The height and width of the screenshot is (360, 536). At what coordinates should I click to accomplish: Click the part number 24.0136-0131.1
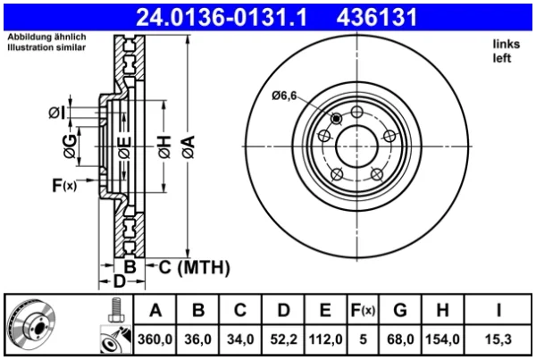tap(222, 18)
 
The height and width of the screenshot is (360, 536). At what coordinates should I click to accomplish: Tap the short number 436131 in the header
tap(377, 18)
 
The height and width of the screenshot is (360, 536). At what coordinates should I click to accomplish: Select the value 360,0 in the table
tap(155, 339)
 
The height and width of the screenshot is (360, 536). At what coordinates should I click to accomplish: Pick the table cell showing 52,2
tap(283, 339)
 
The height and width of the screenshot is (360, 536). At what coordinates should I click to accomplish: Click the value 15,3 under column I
tap(498, 339)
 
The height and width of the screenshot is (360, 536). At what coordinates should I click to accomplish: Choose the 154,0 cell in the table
tap(442, 339)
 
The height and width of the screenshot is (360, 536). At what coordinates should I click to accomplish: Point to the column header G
tap(400, 310)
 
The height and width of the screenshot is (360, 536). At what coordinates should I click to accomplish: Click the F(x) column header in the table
tap(363, 310)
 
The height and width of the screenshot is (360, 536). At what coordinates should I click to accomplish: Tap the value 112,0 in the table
tap(325, 339)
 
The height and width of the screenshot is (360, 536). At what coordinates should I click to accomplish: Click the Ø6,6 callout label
tap(284, 96)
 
